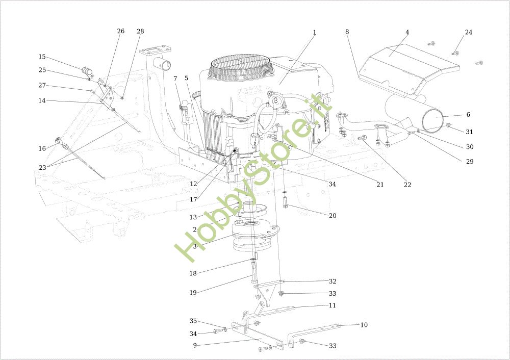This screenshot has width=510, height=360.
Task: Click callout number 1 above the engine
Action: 315,32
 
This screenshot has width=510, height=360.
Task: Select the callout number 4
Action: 407,32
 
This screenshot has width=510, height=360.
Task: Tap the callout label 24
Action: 468,32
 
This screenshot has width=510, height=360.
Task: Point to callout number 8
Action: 347,32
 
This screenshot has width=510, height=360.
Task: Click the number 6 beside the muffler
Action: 468,115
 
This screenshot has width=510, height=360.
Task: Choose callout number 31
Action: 469,132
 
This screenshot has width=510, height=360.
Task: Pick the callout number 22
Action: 407,185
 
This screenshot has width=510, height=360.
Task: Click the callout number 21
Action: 380,185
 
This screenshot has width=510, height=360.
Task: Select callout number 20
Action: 333,216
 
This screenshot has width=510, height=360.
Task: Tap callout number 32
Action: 333,281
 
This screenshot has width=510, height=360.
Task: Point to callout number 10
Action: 364,325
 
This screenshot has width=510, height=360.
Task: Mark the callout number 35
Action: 193,321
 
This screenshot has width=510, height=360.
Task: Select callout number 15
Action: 42,57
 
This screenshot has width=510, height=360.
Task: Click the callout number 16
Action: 42,148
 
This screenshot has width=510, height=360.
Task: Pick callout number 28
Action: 140,31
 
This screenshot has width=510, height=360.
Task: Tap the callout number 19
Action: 193,292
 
